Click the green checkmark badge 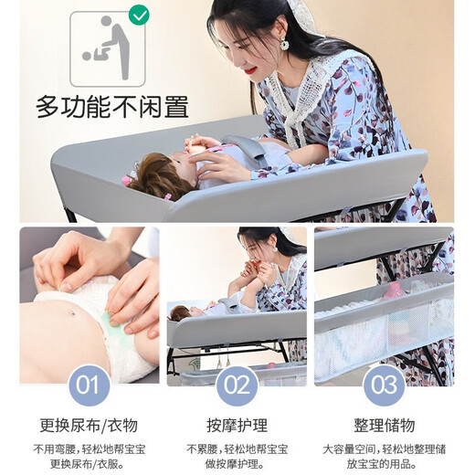tap(139, 16)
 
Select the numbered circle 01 tap(89, 385)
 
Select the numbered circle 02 tap(237, 385)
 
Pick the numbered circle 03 tap(384, 385)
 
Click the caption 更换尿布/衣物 tap(89, 426)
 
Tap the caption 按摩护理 tap(237, 426)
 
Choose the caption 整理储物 tap(384, 426)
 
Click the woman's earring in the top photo tap(284, 43)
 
